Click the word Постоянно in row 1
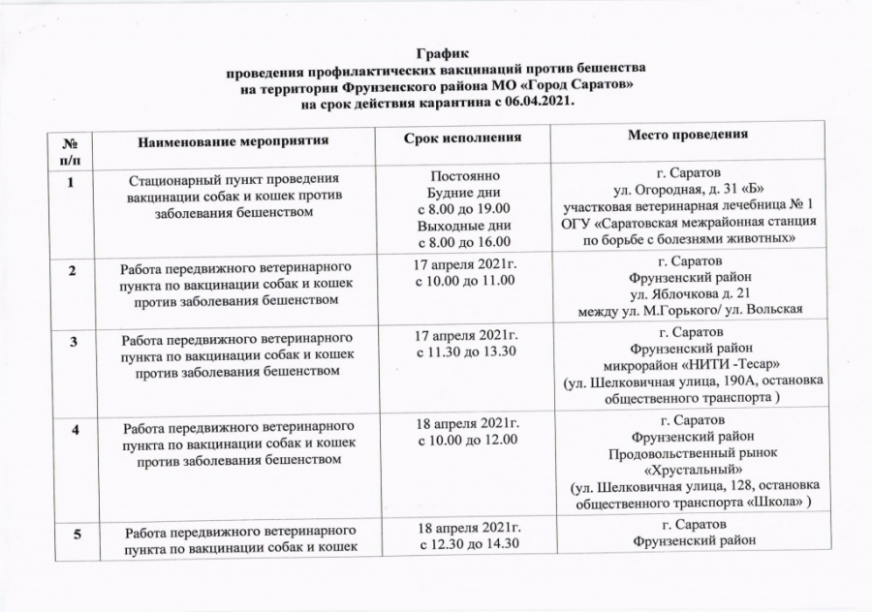pos(463,179)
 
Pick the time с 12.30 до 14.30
pos(463,545)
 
